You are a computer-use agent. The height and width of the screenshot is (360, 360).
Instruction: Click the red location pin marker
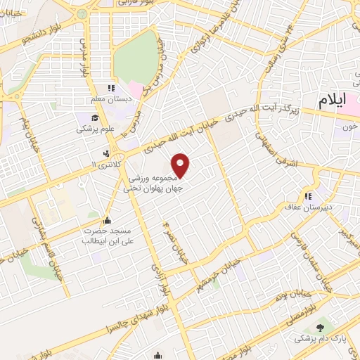(x=182, y=165)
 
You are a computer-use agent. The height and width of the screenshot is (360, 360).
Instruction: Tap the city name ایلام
(x=333, y=100)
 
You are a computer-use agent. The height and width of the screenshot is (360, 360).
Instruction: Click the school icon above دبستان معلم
(x=110, y=89)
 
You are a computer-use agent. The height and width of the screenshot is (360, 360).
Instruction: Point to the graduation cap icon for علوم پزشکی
(x=96, y=117)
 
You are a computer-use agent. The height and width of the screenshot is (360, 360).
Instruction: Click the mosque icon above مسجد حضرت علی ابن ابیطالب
(x=106, y=219)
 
